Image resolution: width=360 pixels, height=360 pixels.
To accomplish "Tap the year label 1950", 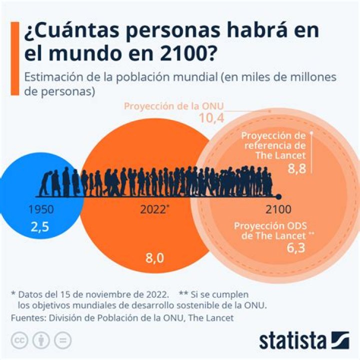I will click(x=41, y=209).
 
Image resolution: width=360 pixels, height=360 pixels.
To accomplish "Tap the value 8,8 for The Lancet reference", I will click(x=297, y=169).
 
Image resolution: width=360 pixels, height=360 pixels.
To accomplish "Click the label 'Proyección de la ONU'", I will click(x=173, y=106).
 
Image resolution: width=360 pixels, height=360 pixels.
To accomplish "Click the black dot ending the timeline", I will click(x=279, y=196).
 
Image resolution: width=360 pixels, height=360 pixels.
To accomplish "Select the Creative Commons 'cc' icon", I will click(x=19, y=340).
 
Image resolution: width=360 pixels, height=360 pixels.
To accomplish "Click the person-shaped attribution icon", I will click(x=41, y=340).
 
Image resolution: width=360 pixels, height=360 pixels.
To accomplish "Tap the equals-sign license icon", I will click(x=62, y=340).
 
